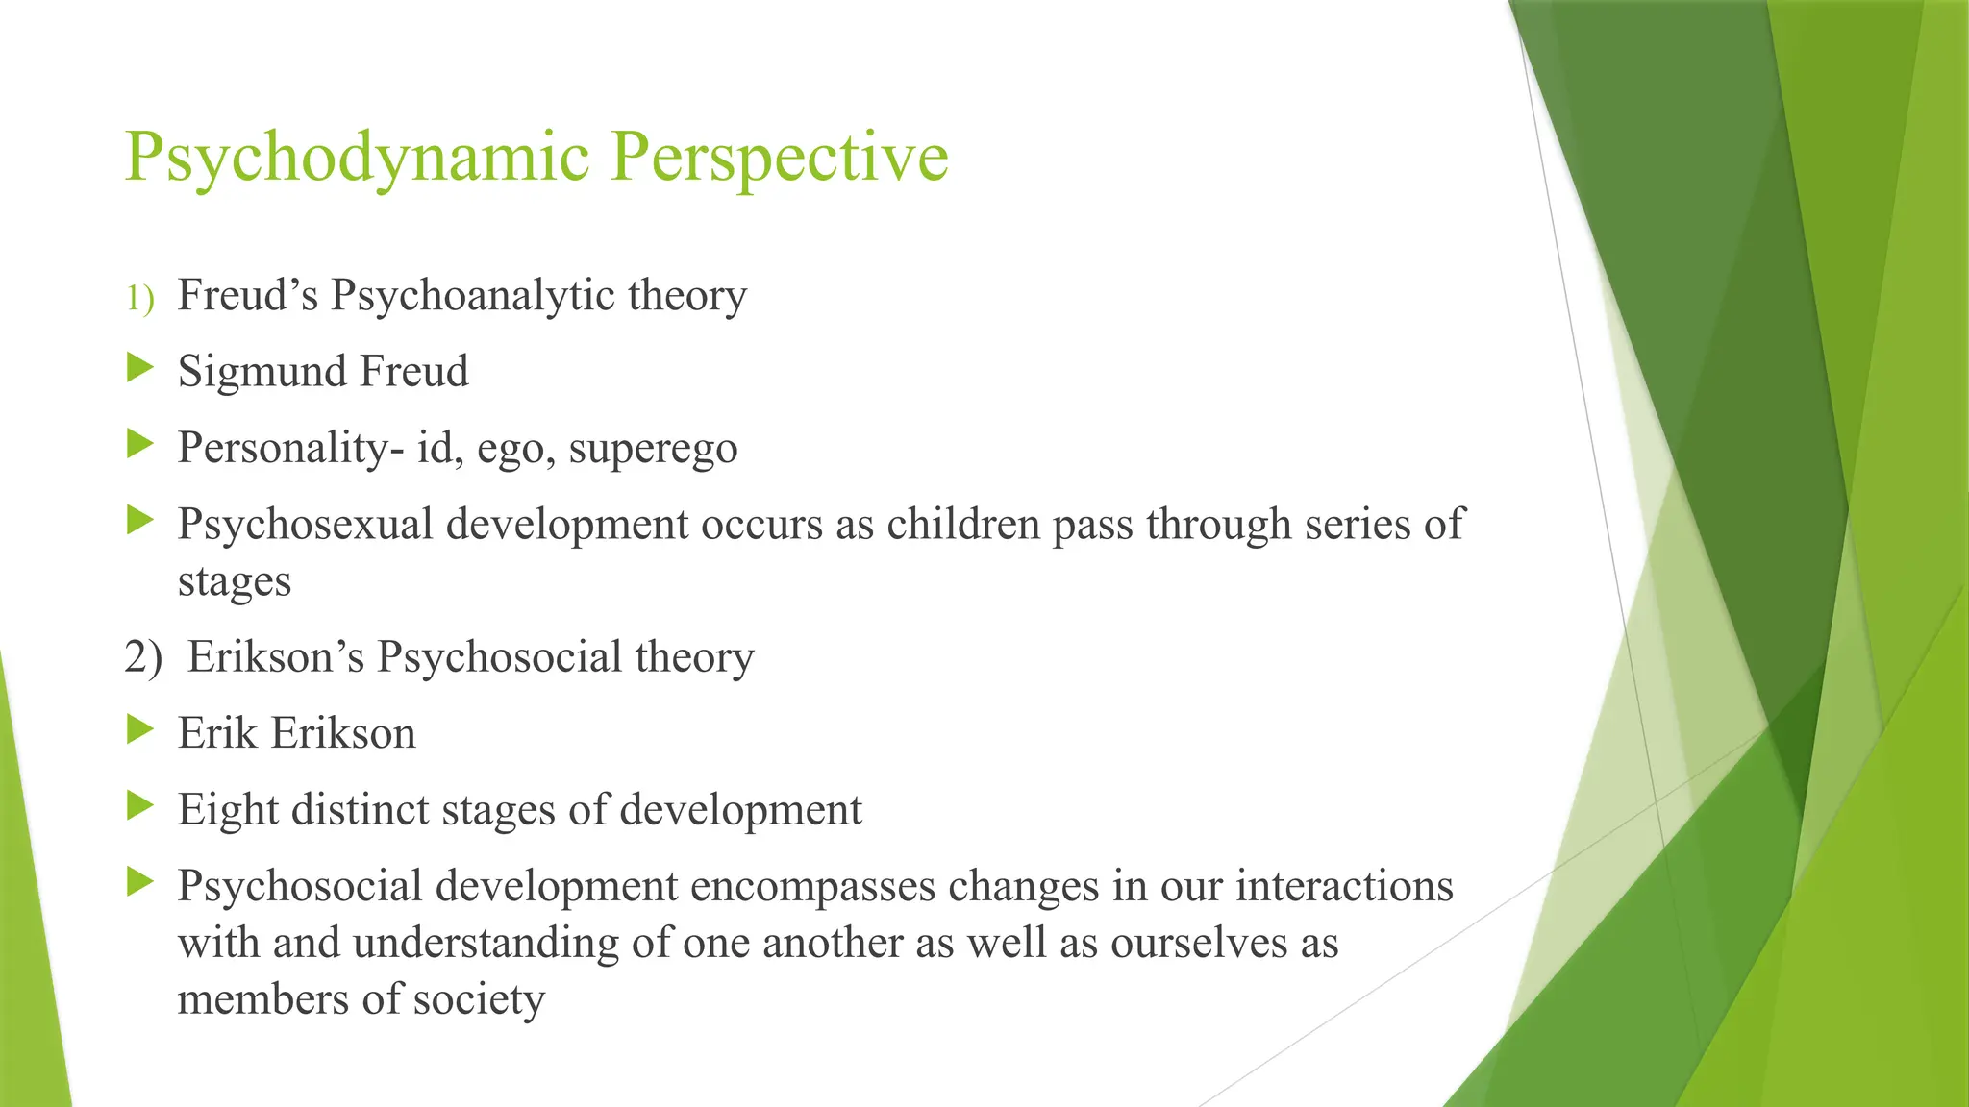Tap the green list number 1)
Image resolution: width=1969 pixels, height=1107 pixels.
[139, 298]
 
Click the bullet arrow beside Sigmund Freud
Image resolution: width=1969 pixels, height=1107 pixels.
[140, 367]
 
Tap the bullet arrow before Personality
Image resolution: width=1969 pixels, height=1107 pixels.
[140, 444]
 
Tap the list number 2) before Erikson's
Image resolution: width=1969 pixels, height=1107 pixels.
[143, 657]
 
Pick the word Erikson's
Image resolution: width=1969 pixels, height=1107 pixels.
[276, 657]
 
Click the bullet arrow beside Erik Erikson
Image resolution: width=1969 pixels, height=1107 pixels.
[140, 729]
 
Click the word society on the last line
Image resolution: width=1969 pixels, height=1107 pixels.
[478, 999]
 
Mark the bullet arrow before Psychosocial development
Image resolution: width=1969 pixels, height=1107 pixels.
[140, 882]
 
